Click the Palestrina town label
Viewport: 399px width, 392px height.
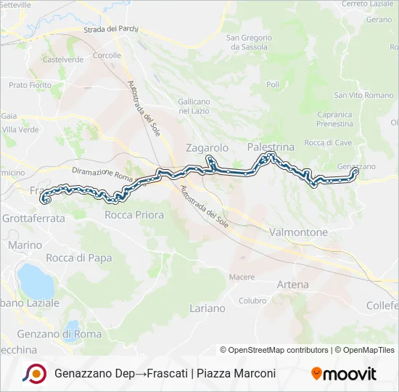coord(271,147)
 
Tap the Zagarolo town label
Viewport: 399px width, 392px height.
coord(207,147)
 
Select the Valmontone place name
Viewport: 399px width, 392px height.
coord(298,232)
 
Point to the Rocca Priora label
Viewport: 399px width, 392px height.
coord(134,215)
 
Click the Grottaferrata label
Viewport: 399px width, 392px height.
coord(33,218)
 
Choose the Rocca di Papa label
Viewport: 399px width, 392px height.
coord(78,258)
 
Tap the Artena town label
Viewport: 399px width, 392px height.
coord(292,285)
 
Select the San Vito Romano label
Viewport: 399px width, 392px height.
coord(363,95)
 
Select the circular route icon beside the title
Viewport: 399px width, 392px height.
coord(34,373)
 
